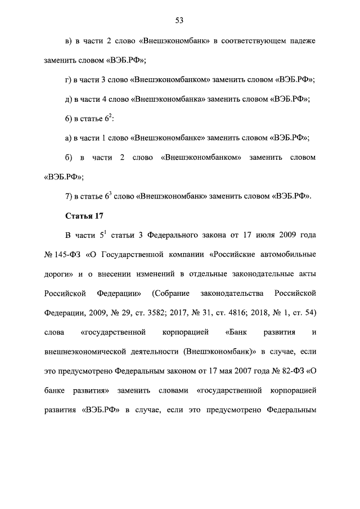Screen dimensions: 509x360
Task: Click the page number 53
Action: point(179,21)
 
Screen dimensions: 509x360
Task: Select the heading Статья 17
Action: point(84,215)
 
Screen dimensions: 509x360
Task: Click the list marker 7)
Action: point(70,196)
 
